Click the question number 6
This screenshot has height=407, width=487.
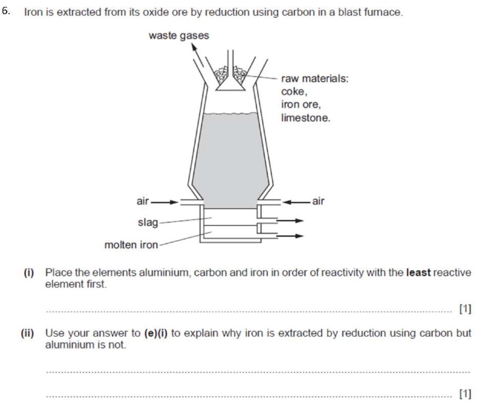6,11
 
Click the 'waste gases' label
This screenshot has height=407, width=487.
178,36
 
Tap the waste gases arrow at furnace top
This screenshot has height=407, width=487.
197,55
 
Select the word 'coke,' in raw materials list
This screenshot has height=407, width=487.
294,92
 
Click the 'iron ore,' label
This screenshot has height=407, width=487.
301,104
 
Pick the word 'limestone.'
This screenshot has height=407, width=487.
306,118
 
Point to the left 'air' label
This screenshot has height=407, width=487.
143,201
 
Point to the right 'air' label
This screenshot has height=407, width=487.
318,201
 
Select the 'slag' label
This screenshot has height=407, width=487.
148,222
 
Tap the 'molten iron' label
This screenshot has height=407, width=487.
131,245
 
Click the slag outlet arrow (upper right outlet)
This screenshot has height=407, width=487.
290,221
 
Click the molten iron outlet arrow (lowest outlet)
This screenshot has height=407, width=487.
290,236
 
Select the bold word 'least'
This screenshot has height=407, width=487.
418,272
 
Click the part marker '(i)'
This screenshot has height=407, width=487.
29,272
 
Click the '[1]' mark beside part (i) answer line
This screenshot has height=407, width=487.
465,309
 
